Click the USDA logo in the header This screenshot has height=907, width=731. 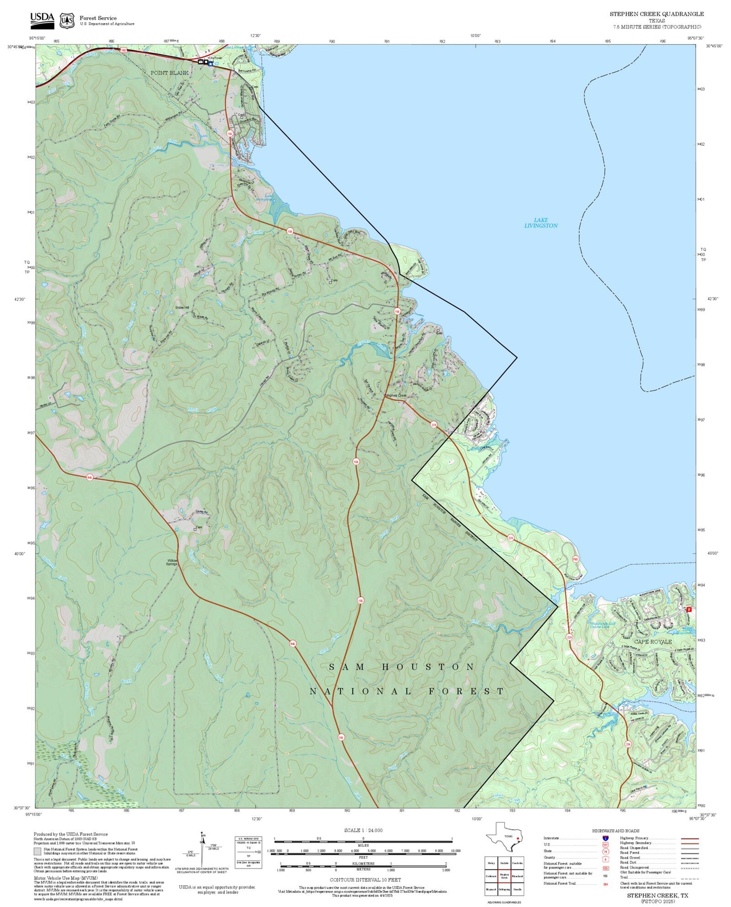click(42, 20)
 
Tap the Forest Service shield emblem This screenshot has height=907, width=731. click(67, 20)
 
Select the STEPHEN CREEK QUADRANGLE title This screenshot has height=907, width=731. click(656, 14)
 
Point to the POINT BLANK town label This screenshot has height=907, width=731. click(169, 73)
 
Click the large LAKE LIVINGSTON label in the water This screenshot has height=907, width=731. click(541, 223)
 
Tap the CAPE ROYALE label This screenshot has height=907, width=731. click(653, 642)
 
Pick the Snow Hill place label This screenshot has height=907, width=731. click(182, 308)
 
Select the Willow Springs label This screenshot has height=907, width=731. click(172, 563)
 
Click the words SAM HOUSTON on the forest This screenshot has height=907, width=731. click(402, 667)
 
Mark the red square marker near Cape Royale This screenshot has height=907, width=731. click(689, 609)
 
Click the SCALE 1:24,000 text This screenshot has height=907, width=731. click(363, 831)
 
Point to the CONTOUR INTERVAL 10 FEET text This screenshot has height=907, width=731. click(365, 880)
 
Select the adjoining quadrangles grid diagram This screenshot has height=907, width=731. click(504, 875)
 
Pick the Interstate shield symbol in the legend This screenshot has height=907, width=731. click(606, 838)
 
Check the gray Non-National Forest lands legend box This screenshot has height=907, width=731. click(38, 851)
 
